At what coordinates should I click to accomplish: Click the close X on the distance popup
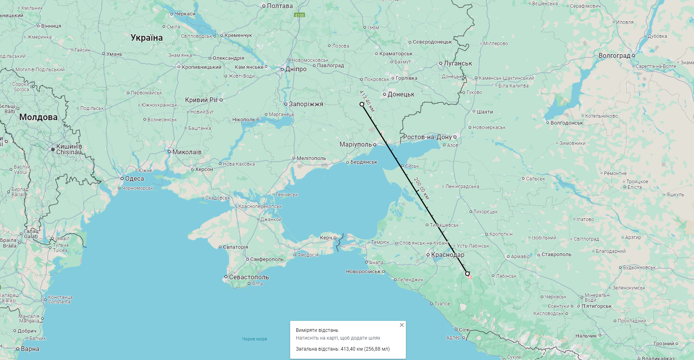coord(401,325)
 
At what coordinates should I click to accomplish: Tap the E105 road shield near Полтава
coord(300,15)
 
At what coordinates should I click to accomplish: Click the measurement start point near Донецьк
coord(362,104)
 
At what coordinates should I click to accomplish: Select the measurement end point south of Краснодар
coord(467,274)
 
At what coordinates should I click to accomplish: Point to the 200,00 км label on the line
coord(421,188)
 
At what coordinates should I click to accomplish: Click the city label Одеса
coord(134,179)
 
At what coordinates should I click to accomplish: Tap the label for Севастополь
coord(249,277)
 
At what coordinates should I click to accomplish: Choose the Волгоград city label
coord(614,56)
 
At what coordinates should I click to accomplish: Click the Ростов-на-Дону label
coord(427,137)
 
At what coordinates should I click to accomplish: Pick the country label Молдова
coord(38,117)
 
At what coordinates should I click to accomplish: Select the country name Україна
coord(147,38)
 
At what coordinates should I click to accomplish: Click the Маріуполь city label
coord(355,145)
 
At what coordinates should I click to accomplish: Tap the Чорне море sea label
coord(255,339)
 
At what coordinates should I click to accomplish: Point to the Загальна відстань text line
coord(343,349)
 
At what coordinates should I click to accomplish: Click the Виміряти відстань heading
coord(317,330)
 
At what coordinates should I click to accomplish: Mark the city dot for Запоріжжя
coord(286,104)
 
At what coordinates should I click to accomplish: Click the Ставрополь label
coord(556,255)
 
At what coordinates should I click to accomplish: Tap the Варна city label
coord(30,349)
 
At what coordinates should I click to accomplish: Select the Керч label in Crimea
coord(326,238)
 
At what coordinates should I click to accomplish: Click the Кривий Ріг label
coord(201,100)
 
